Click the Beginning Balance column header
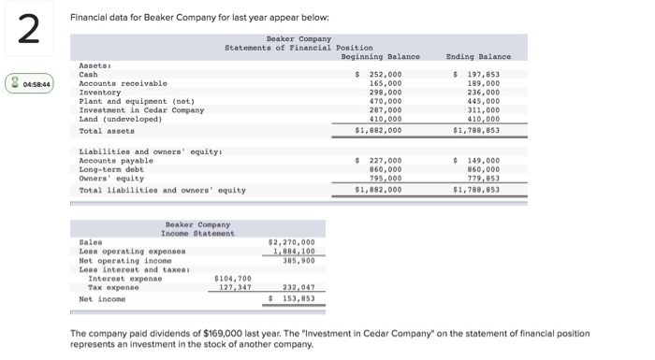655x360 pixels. [381, 56]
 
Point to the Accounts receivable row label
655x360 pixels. [123, 83]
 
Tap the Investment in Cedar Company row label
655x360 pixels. [141, 110]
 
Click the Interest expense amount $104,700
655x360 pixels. [233, 278]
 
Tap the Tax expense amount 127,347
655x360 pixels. [235, 287]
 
